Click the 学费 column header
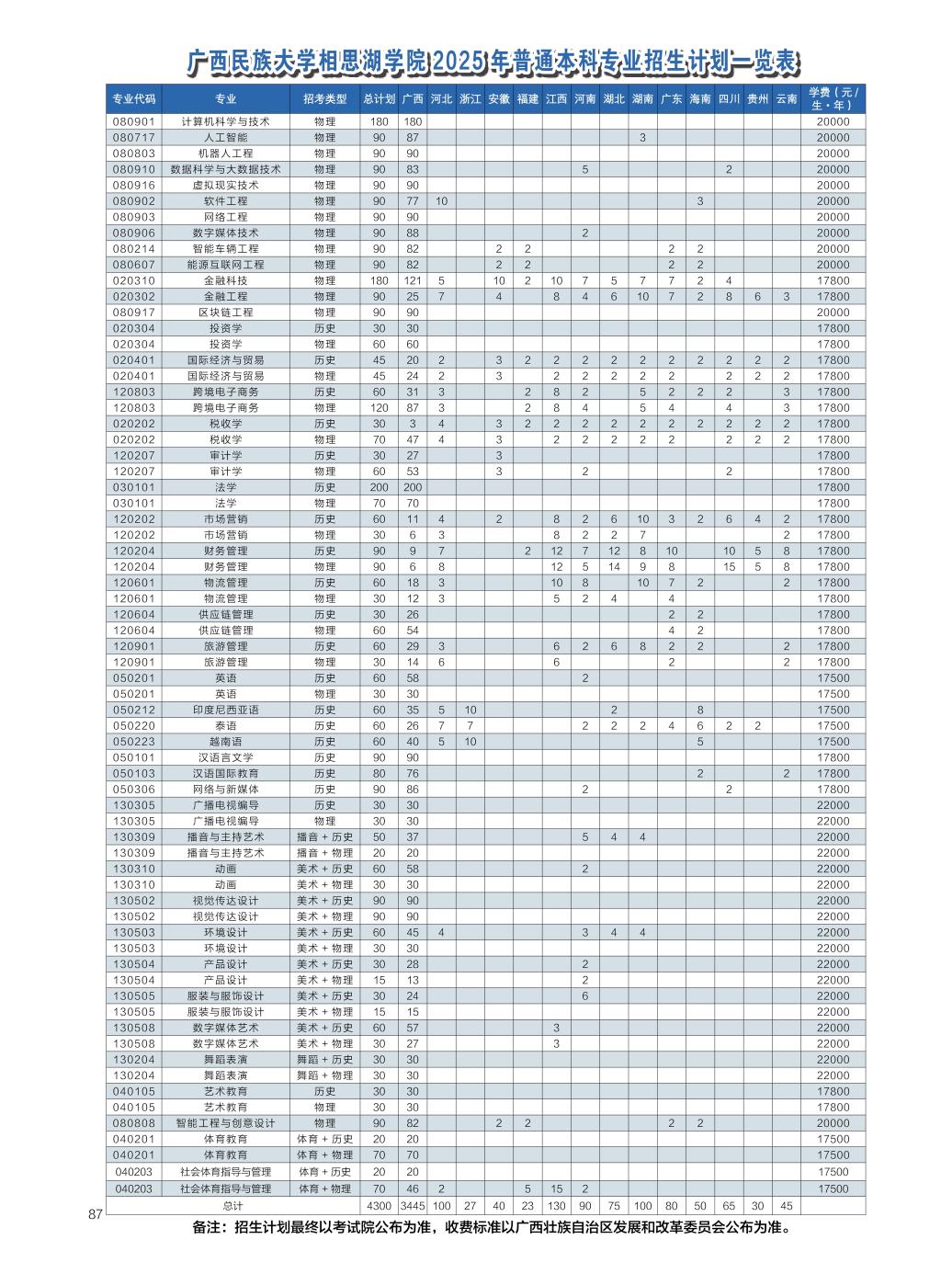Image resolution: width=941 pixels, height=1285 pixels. point(833,98)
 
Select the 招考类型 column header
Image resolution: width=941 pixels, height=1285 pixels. point(324,99)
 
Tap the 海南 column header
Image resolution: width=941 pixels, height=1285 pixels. point(699,99)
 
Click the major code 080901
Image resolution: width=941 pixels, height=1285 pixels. point(134,121)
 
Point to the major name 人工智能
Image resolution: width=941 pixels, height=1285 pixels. point(225,138)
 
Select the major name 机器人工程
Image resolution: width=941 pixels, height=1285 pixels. point(225,154)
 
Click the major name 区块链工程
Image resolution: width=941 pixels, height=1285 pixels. point(225,313)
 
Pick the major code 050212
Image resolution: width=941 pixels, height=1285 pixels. point(134,710)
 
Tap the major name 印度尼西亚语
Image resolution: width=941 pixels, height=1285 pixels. point(225,710)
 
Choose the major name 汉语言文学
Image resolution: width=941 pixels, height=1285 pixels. point(225,757)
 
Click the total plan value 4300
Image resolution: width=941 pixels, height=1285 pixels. point(379,1205)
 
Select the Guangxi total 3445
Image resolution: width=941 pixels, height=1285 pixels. point(413,1205)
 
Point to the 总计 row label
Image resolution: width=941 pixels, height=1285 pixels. point(233,1205)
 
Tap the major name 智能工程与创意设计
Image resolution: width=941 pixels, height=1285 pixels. point(225,1123)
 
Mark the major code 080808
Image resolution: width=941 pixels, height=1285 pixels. point(134,1123)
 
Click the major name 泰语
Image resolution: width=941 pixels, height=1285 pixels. point(225,726)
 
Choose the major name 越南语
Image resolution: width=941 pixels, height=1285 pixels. point(225,742)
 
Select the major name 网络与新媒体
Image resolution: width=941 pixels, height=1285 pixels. point(225,790)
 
